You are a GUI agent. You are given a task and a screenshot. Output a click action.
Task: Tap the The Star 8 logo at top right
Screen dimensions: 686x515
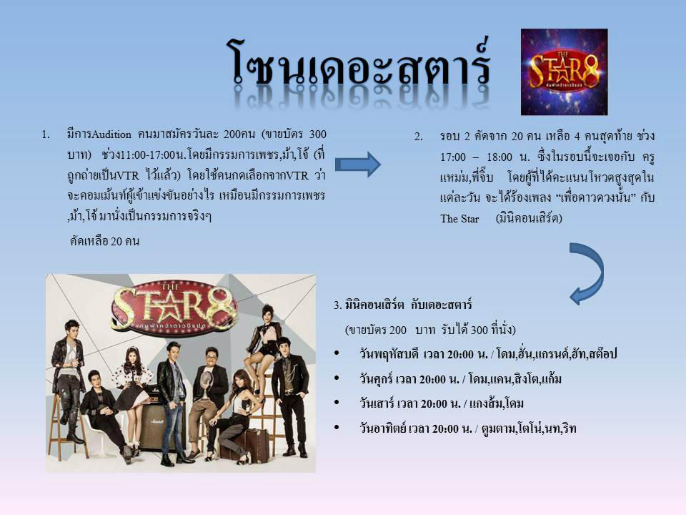coord(564,72)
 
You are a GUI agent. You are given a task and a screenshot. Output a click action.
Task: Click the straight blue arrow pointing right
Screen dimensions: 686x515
coord(358,165)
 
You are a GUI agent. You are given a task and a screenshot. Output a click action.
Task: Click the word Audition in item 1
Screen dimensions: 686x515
coord(111,134)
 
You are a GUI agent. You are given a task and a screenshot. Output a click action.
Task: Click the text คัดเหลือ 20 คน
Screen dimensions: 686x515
coord(104,241)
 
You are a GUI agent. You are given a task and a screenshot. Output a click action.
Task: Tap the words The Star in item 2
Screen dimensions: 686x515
coord(459,219)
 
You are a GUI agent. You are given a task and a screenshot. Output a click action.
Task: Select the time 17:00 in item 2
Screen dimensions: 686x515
coord(453,157)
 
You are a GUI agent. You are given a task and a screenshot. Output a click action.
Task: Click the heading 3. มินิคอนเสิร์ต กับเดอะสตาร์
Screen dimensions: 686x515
coord(402,305)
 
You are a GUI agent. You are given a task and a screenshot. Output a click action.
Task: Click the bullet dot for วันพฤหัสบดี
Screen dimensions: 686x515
coord(337,353)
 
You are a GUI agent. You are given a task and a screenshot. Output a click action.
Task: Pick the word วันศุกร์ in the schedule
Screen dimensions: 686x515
coord(376,378)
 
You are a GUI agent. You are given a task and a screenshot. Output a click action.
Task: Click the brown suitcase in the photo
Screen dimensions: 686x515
coord(251,446)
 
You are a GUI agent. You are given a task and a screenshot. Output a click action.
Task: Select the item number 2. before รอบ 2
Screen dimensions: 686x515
coord(418,137)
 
